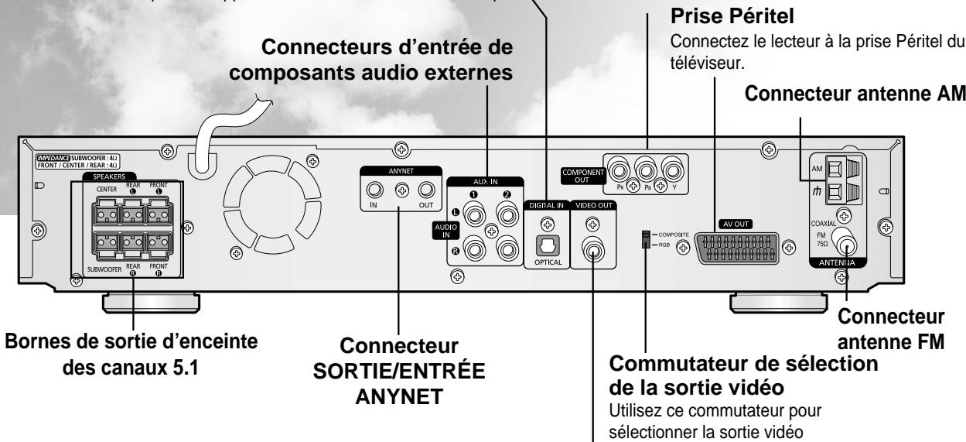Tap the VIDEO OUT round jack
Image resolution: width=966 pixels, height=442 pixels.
point(593,251)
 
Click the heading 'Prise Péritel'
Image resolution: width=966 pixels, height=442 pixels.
point(695,15)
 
